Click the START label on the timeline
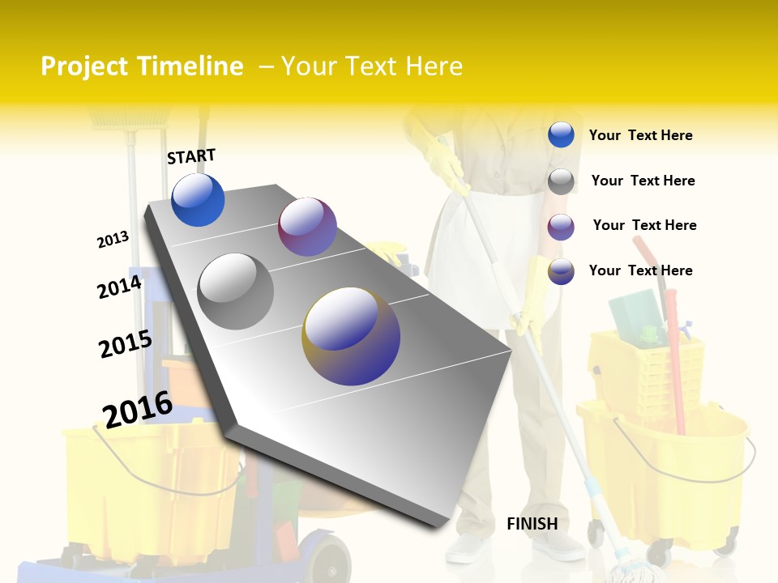point(191,155)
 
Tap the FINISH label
point(532,524)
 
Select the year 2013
point(113,240)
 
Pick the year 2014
point(119,287)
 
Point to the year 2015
point(125,344)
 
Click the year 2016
point(138,409)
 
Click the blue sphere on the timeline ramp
point(198,199)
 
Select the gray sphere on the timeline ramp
point(236,291)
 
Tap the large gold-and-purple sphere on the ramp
point(351,336)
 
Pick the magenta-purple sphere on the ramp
point(307,227)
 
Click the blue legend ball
point(561,135)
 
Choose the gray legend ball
point(561,181)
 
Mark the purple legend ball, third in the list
point(561,227)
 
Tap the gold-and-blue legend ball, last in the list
point(561,271)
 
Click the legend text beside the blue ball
point(640,135)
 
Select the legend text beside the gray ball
point(643,181)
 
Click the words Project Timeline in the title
point(142,66)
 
